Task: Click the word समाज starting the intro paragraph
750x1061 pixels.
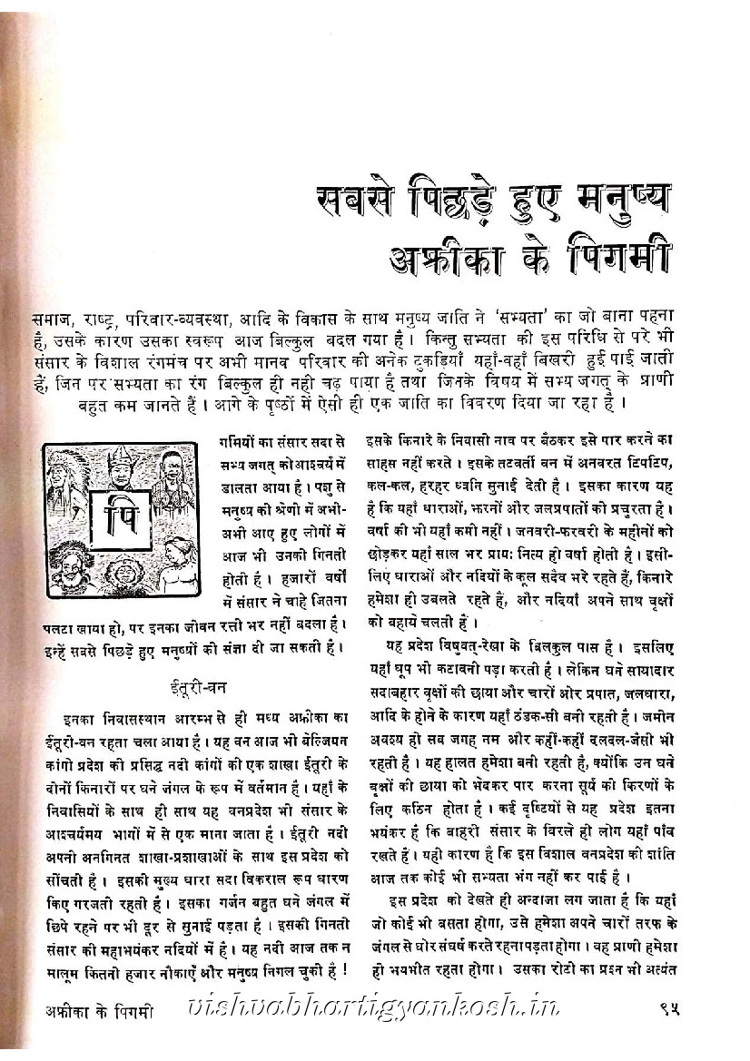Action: [54, 319]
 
